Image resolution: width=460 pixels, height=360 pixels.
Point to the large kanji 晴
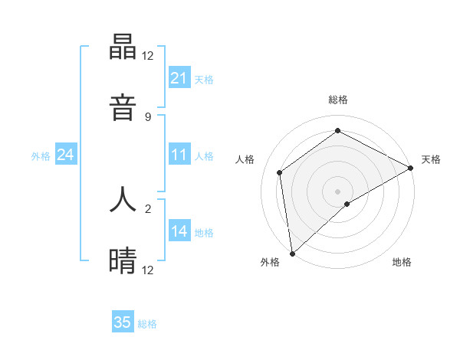pyautogui.click(x=123, y=260)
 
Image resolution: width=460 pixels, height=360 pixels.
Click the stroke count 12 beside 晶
pyautogui.click(x=148, y=56)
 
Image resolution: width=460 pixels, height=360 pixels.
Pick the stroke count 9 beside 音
pyautogui.click(x=148, y=116)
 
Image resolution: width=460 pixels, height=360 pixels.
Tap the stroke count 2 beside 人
pyautogui.click(x=148, y=208)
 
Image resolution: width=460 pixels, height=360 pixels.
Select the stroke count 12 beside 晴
pyautogui.click(x=148, y=270)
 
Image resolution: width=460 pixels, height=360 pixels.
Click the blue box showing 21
pyautogui.click(x=179, y=78)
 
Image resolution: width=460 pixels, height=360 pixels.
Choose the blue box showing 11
pyautogui.click(x=179, y=155)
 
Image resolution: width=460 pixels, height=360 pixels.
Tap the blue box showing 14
pyautogui.click(x=179, y=231)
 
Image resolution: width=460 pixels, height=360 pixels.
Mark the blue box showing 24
pyautogui.click(x=65, y=155)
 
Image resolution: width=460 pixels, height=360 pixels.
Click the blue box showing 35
pyautogui.click(x=123, y=322)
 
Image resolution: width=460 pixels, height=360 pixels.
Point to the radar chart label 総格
pyautogui.click(x=338, y=100)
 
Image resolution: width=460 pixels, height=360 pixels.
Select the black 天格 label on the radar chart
pyautogui.click(x=431, y=159)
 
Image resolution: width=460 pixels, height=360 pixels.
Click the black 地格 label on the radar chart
pyautogui.click(x=402, y=263)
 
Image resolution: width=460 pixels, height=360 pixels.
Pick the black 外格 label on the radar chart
pyautogui.click(x=270, y=263)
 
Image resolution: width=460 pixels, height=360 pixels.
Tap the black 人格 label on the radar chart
pyautogui.click(x=245, y=159)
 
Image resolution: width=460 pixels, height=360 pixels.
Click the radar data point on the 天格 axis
pyautogui.click(x=411, y=168)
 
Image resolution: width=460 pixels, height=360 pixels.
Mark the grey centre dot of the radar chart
pyautogui.click(x=337, y=191)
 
